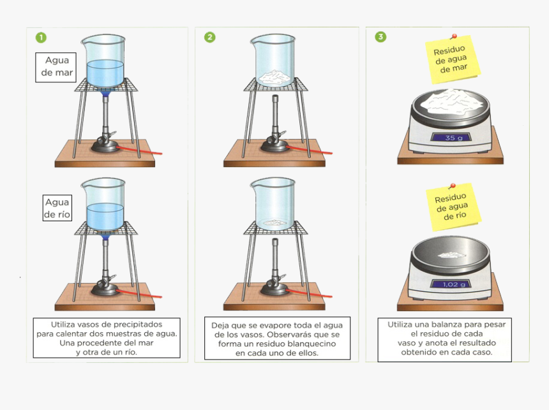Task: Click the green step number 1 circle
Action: click(41, 38)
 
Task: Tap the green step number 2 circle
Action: click(210, 37)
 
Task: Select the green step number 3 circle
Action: click(380, 37)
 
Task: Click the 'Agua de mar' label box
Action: click(56, 67)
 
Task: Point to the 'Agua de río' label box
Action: click(57, 208)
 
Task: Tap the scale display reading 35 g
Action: click(453, 138)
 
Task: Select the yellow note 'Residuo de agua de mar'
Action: click(452, 60)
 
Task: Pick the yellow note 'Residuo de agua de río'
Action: click(453, 207)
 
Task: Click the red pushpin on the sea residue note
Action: click(454, 36)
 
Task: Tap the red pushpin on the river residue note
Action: click(453, 186)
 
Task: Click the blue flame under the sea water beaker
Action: click(105, 92)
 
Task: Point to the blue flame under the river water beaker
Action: click(105, 237)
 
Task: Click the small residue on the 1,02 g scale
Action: click(451, 254)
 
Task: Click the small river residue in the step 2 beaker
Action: click(275, 222)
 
